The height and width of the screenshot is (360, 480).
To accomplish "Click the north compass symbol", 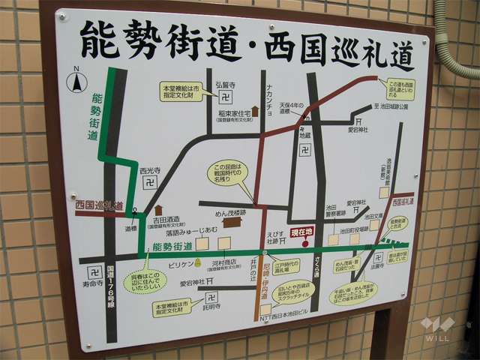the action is tap(76, 82).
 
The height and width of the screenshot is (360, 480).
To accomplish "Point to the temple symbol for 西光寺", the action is tap(151, 182).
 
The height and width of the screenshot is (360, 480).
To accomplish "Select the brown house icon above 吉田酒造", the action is tap(158, 210).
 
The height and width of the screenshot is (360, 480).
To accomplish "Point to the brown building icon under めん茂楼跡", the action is tap(233, 222).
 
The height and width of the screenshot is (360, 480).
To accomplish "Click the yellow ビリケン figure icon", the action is tap(197, 263).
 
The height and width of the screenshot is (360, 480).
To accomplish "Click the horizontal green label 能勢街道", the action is tap(172, 246).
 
